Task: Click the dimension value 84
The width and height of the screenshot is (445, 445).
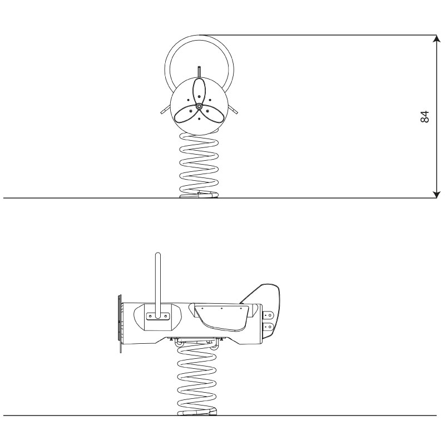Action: (425, 117)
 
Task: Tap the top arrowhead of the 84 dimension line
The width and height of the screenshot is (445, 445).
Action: (437, 38)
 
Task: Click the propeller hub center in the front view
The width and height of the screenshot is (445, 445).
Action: (199, 106)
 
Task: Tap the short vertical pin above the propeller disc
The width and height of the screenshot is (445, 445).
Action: (199, 72)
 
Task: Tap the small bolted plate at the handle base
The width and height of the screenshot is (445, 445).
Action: (157, 316)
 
